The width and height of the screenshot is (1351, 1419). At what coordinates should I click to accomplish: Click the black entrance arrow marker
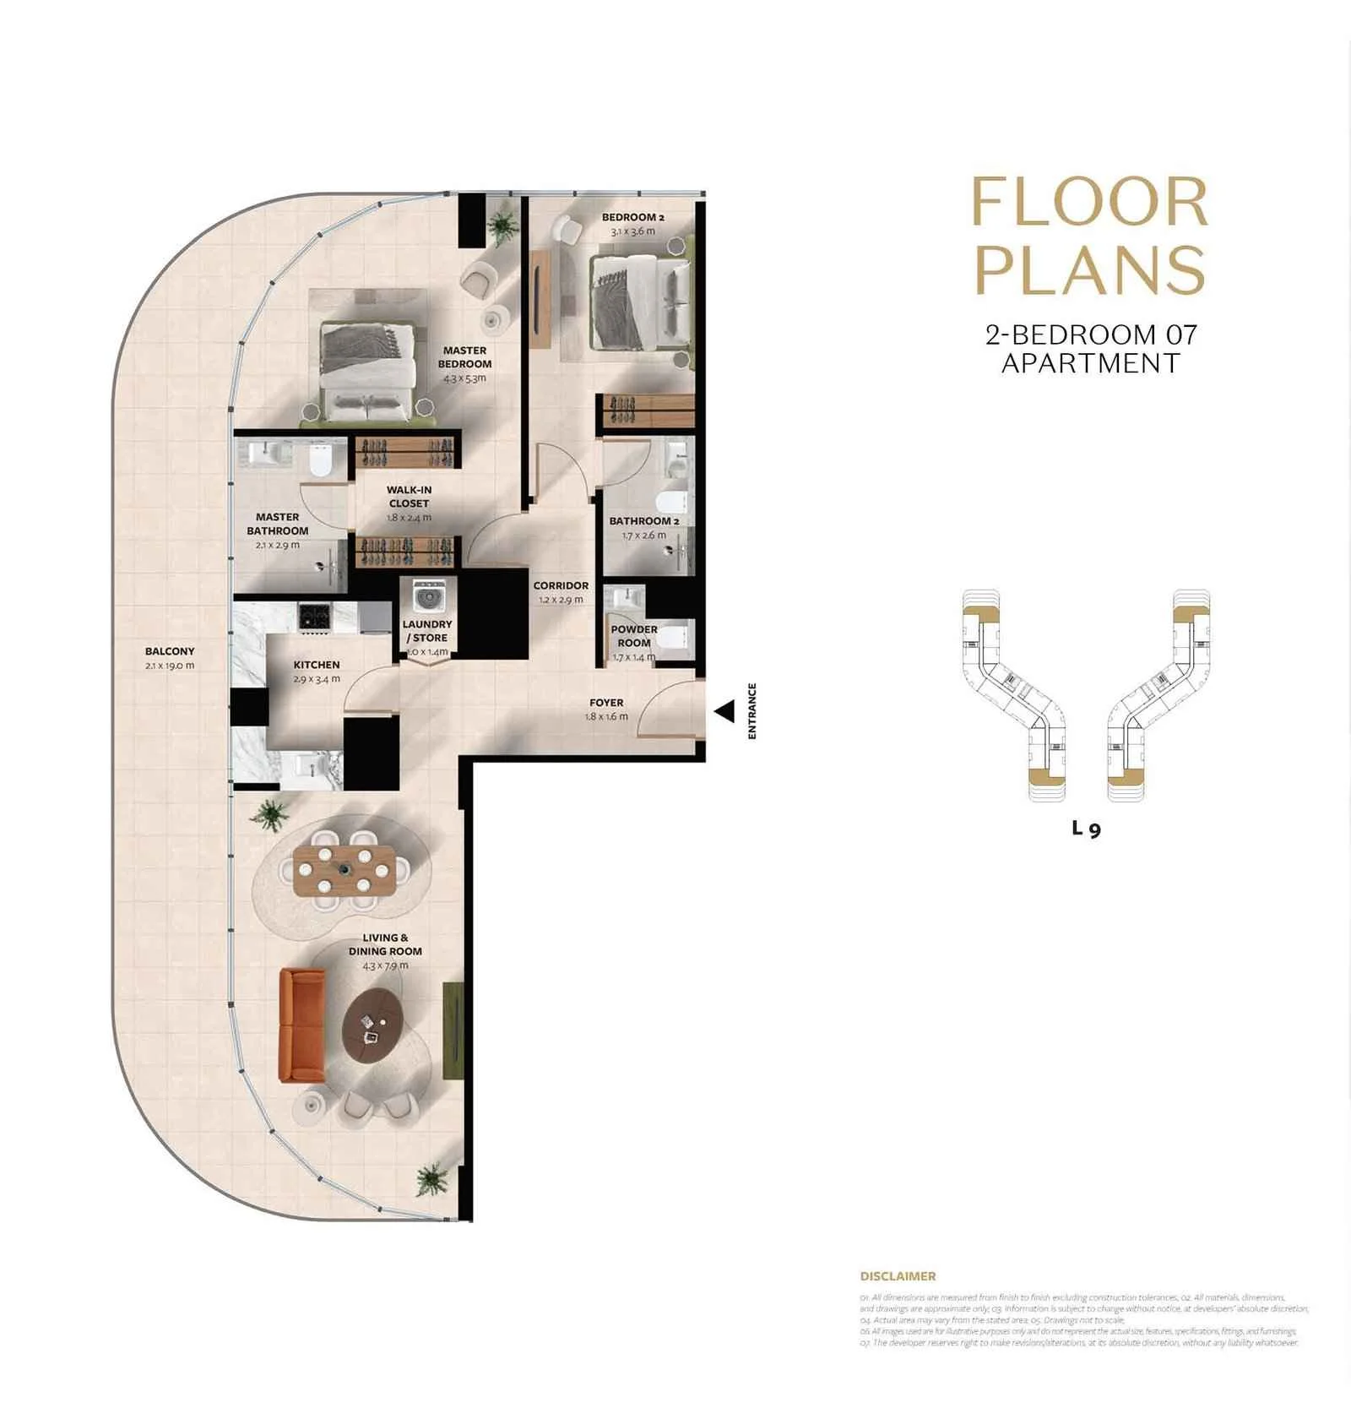click(725, 711)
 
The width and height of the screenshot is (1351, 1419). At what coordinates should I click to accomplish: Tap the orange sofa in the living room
click(301, 1025)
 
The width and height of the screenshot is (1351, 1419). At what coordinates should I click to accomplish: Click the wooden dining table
click(345, 871)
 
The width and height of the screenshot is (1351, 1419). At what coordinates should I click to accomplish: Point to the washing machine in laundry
click(428, 596)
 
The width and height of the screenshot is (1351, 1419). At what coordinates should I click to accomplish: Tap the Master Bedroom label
click(464, 356)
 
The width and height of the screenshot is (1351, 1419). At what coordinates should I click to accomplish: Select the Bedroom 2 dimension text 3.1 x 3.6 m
click(632, 231)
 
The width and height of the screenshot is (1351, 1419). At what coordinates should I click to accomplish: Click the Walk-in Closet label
click(409, 496)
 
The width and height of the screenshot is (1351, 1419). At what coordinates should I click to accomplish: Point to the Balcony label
click(170, 651)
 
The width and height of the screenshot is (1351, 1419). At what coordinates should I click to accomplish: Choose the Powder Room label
click(634, 635)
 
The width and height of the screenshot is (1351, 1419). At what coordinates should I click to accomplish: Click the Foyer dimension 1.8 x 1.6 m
click(606, 716)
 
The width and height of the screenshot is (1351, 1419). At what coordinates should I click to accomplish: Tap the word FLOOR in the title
click(1089, 203)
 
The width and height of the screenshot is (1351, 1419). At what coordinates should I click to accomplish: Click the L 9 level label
click(1086, 829)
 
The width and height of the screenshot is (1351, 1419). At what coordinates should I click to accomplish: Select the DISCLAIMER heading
click(898, 1276)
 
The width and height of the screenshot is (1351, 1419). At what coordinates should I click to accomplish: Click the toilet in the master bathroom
click(320, 460)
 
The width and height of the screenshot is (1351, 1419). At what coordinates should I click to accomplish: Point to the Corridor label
click(561, 585)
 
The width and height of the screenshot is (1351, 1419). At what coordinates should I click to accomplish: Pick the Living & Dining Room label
click(385, 943)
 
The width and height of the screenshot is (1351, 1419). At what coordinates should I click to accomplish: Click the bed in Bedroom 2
click(639, 303)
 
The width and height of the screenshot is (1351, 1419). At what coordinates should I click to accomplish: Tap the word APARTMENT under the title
click(1090, 363)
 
